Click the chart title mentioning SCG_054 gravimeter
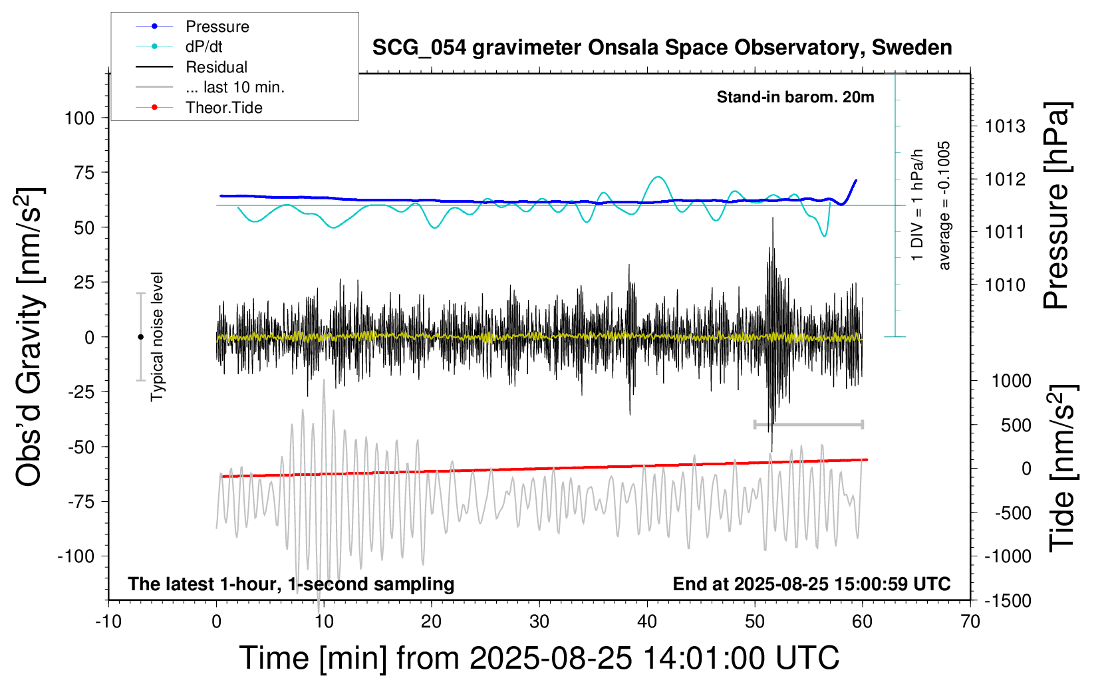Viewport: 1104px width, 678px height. [662, 48]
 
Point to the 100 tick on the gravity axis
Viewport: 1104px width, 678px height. [80, 118]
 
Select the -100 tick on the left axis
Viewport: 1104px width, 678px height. [76, 556]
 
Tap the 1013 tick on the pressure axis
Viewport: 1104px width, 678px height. [1005, 126]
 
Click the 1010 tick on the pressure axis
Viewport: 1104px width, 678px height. [1005, 285]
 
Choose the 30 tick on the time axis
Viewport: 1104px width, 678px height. [539, 621]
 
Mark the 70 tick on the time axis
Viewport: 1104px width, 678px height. [970, 621]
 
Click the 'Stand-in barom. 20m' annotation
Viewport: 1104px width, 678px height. [795, 97]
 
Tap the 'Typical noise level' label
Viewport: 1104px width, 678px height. [157, 336]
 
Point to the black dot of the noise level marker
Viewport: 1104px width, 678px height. [140, 337]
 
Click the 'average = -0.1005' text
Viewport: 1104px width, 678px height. [944, 205]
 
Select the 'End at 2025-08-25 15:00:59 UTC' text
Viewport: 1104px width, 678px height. [811, 584]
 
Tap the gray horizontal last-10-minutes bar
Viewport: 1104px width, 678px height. [808, 424]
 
